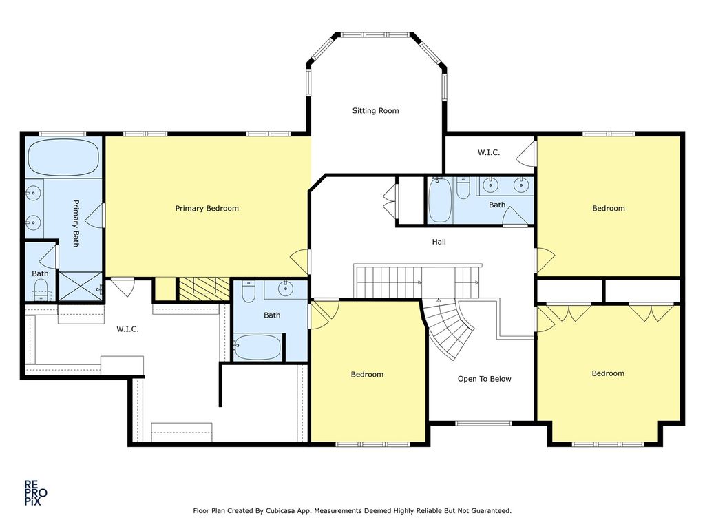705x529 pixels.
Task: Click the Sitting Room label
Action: coord(375,111)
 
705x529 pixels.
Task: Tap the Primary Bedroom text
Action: coord(207,208)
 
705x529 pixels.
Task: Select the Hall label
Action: coord(439,242)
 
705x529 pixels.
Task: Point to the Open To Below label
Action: coord(484,379)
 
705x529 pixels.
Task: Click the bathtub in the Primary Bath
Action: coord(63,158)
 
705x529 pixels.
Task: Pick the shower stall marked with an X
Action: coord(81,286)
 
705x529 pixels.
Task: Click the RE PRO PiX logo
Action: coord(35,493)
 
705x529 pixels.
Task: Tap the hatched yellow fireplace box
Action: coord(204,289)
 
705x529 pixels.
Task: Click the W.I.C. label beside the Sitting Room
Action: coord(489,152)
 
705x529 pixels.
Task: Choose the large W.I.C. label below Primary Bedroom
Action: coord(127,329)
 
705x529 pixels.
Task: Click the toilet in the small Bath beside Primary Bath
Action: coord(41,290)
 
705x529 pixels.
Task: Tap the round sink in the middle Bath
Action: coord(286,289)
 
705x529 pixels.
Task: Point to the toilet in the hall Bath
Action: coord(463,189)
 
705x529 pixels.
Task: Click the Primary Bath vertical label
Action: coord(76,223)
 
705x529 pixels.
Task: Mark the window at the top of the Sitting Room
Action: coord(375,34)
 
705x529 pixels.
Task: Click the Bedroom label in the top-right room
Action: coord(609,208)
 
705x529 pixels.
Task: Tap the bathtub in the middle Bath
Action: coord(257,347)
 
